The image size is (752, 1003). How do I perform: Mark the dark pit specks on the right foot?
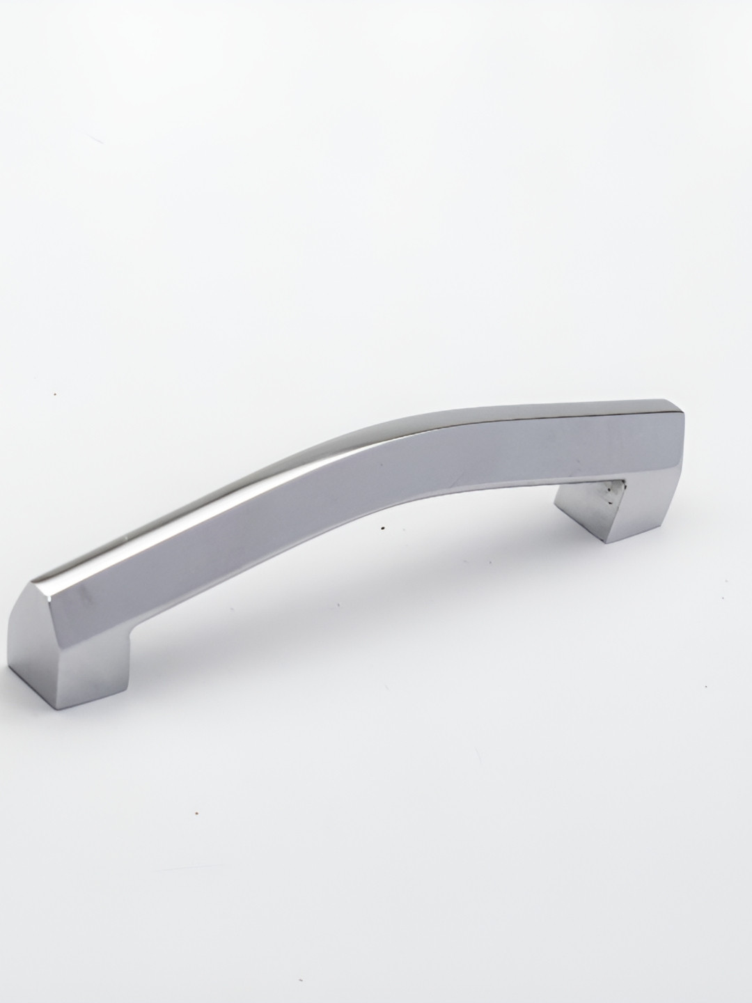click(x=611, y=492)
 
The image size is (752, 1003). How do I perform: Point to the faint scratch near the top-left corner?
click(x=97, y=139)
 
